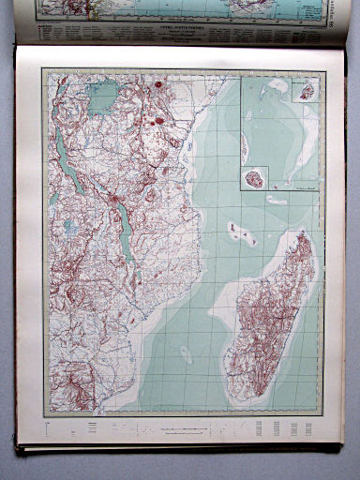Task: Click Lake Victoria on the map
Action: (x=102, y=94)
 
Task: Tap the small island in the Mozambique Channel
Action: (x=187, y=353)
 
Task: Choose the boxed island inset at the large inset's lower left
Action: (x=253, y=177)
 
